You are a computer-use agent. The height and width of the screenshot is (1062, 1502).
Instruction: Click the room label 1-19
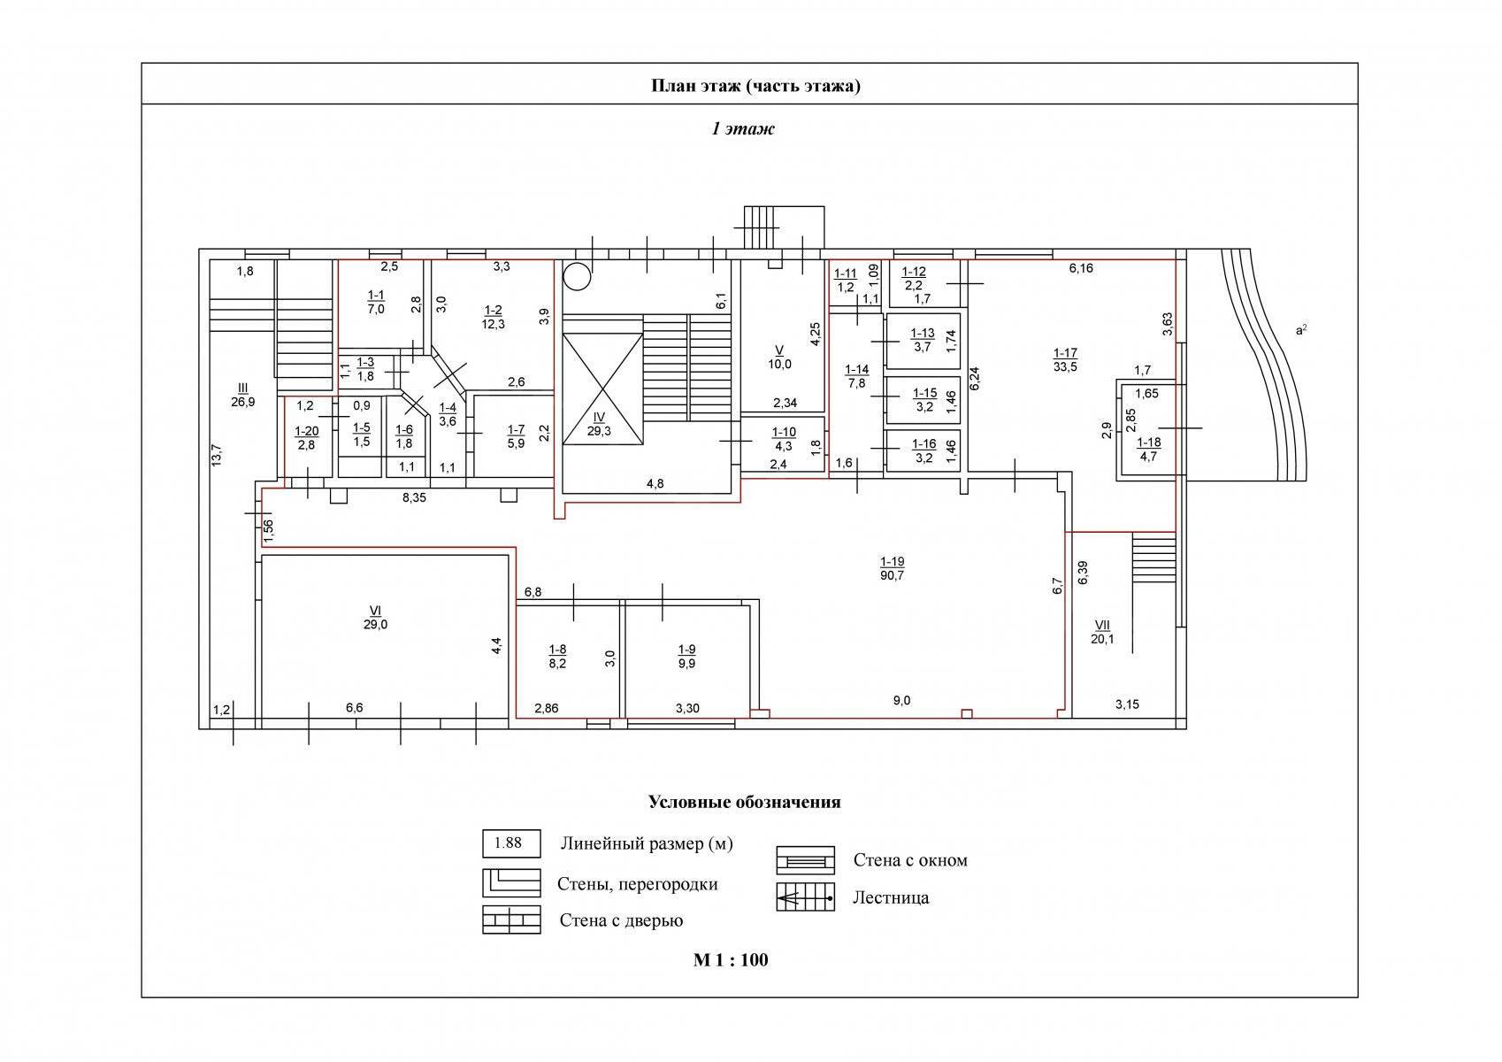coord(892,561)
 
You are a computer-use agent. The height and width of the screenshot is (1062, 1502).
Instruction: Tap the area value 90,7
coord(892,575)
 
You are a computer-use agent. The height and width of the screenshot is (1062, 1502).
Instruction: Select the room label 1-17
coord(1065,353)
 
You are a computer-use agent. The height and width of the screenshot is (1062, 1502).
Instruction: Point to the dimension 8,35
coord(414,497)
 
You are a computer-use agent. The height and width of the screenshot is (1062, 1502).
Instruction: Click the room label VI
coord(375,611)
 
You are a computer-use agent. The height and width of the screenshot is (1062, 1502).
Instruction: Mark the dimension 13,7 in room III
coord(217,456)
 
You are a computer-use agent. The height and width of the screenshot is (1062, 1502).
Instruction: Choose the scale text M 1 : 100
coord(731,960)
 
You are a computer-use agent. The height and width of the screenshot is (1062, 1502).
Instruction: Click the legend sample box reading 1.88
coord(511,843)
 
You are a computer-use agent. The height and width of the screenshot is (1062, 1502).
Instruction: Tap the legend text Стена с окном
coord(910,860)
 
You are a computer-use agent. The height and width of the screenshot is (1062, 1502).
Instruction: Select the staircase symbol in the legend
coord(805,897)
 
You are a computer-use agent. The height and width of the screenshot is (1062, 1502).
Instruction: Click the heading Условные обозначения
coord(744,803)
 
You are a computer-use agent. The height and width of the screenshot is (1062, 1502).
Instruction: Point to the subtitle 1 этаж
coord(742,128)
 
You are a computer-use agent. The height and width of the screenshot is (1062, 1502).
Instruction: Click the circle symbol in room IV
coord(577,276)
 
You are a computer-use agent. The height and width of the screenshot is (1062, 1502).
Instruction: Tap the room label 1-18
coord(1149,442)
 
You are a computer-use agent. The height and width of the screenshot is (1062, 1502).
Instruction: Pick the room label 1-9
coord(686,650)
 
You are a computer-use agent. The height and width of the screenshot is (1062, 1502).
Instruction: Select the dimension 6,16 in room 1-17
coord(1081,268)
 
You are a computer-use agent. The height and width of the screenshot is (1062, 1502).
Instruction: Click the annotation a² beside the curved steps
coord(1301,330)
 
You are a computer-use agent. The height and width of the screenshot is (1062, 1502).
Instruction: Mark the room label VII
coord(1101,626)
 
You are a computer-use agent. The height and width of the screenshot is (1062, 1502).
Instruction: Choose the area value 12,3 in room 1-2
coord(493,324)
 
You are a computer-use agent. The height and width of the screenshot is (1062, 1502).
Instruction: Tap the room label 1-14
coord(856,369)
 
